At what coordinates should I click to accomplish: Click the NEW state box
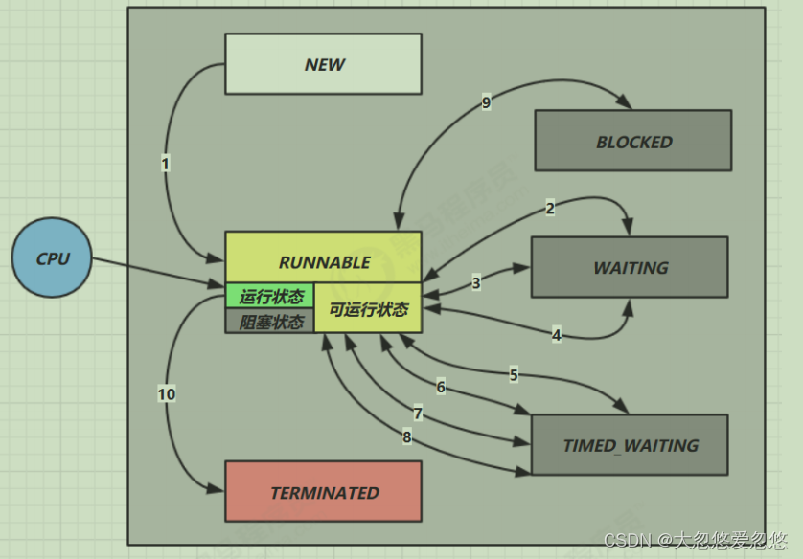coord(323,64)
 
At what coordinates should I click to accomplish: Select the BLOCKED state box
coord(632,141)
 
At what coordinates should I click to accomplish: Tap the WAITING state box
coord(630,267)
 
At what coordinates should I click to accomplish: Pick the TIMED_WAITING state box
coord(630,444)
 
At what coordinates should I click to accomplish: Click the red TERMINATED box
coord(323,492)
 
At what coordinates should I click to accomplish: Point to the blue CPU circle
coord(52,258)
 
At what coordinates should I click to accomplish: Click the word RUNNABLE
coord(324,262)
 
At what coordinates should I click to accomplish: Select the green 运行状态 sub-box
coord(270,297)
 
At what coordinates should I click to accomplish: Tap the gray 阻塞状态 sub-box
coord(270,322)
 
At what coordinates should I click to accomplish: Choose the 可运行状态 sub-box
coord(368,309)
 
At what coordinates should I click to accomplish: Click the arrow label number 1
coord(165,164)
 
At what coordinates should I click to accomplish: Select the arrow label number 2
coord(550,208)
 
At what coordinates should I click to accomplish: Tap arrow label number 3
coord(476,283)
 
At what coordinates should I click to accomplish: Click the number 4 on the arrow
coord(557,334)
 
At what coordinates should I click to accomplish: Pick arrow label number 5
coord(514,375)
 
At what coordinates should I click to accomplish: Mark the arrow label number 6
coord(441,388)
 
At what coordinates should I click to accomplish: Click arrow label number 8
coord(406,437)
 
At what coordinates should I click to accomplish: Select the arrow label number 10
coord(166,393)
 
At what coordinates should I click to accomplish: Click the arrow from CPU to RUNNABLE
coord(158,271)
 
